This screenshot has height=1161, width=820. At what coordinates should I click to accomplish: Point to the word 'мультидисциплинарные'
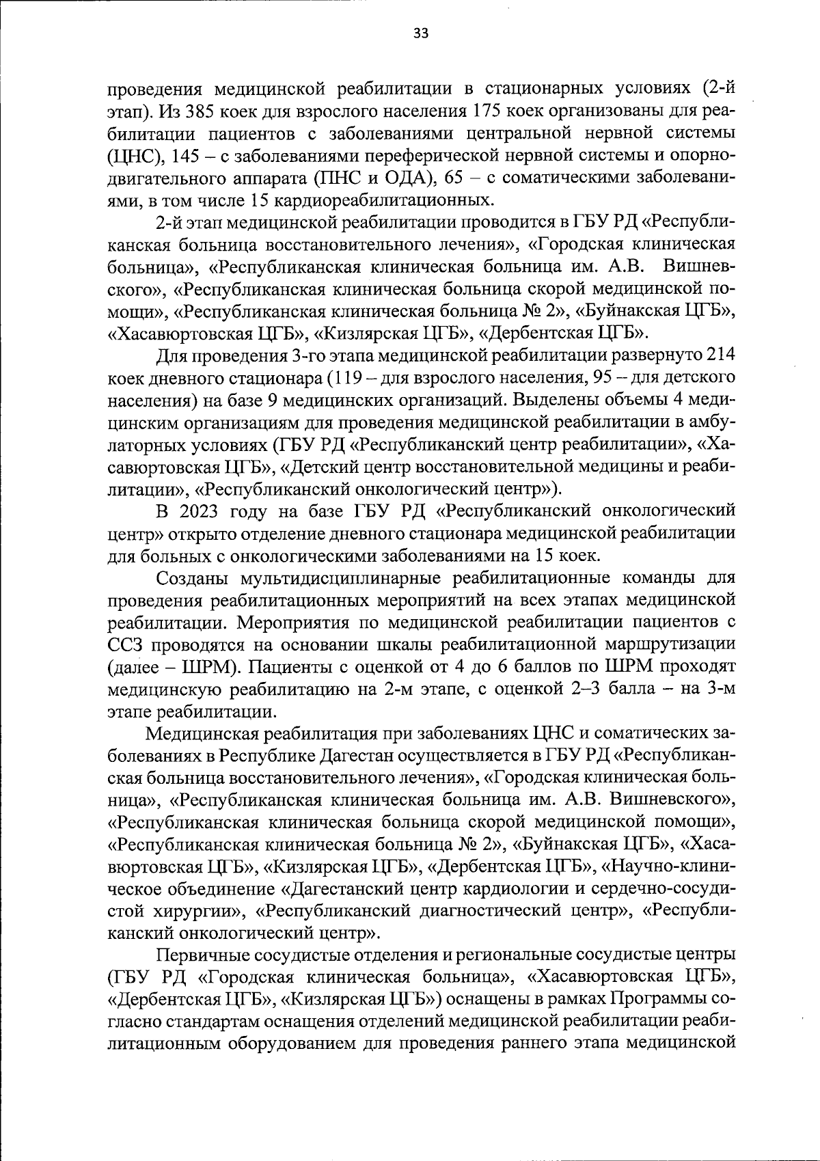pyautogui.click(x=346, y=578)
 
